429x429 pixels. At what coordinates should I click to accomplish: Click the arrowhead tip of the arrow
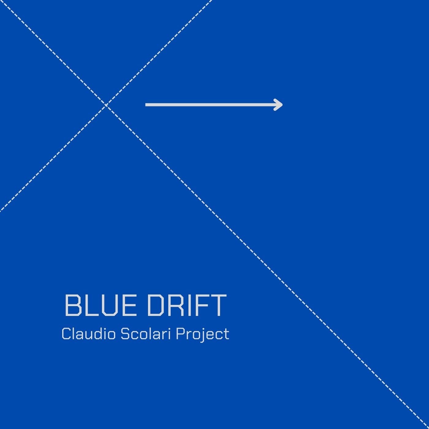[282, 105]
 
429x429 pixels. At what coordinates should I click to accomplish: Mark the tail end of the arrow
[146, 105]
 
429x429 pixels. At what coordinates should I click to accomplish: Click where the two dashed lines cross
[106, 105]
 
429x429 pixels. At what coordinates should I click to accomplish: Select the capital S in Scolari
[126, 334]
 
